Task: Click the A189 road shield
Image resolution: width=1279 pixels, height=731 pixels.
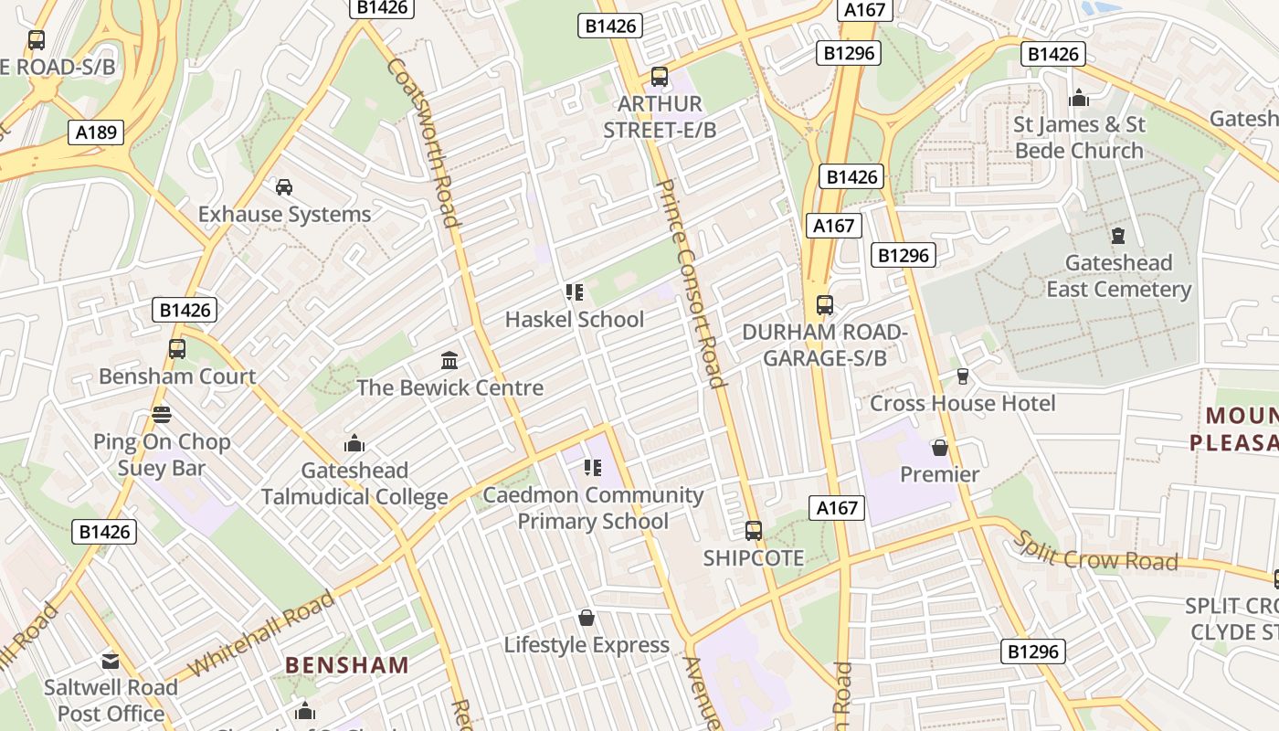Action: coord(96,133)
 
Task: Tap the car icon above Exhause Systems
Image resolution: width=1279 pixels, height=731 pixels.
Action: coord(284,187)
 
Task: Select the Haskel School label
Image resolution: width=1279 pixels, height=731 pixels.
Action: coord(575,320)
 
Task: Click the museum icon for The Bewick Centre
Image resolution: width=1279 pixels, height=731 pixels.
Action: coord(449,360)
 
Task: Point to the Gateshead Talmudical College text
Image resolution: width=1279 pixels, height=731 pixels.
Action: coord(354,484)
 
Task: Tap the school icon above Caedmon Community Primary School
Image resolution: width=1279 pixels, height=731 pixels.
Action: coord(592,468)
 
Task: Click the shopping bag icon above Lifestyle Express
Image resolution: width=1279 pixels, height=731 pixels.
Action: coord(587,618)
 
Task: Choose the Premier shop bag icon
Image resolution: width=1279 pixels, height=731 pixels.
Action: coord(939,448)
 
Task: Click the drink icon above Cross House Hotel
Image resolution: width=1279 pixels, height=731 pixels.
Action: coord(962,376)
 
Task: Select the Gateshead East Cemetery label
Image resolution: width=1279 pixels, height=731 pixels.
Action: coord(1118,276)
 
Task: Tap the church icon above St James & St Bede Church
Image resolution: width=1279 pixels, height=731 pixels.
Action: coord(1079,97)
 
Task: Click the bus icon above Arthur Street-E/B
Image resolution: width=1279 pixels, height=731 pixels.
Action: coord(660,77)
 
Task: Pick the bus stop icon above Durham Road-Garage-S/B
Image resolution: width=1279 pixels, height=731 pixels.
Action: coord(825,304)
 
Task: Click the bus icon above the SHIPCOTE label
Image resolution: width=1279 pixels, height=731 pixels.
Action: coord(754,530)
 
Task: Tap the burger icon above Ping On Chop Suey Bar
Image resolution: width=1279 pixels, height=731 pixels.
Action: coord(162,415)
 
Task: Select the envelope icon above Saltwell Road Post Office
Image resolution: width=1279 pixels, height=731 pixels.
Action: coord(111,660)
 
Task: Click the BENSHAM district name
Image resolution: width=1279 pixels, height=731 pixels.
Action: coord(347,664)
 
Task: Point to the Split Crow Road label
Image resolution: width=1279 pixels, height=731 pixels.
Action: coord(1095,551)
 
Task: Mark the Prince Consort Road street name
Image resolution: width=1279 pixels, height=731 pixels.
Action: coord(690,283)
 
